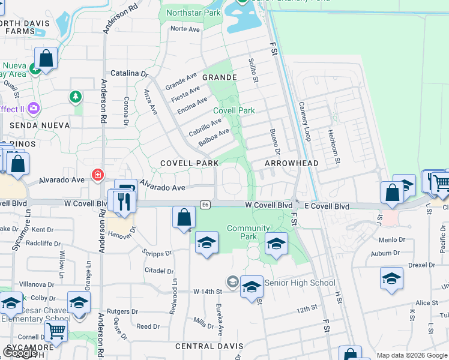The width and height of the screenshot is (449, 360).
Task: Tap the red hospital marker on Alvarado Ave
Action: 97,175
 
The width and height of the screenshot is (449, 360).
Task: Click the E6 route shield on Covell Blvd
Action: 205,205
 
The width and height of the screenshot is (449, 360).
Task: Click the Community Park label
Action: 249,232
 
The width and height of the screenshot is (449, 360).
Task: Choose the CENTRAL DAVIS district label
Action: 209,346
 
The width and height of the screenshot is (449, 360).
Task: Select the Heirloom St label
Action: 333,146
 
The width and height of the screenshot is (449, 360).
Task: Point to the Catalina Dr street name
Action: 128,73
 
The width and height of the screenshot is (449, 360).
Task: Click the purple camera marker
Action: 34,109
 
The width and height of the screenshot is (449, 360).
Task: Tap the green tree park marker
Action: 75,96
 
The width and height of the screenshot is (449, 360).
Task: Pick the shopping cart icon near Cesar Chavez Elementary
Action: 56,329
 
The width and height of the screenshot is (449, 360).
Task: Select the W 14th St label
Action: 208,292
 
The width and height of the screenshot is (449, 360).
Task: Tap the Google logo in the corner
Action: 20,352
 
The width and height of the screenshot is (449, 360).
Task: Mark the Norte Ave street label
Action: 184,29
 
